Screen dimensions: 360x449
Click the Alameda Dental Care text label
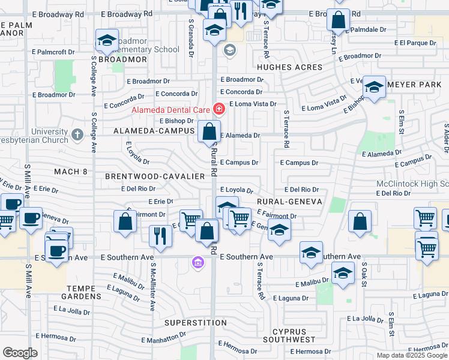coord(171,110)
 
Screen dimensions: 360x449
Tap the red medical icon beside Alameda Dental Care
coord(218,109)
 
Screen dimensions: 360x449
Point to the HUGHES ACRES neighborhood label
coord(286,68)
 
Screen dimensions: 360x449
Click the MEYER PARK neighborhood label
coord(414,85)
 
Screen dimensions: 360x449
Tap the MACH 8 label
coord(71,172)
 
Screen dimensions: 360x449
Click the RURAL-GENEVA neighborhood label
coord(289,202)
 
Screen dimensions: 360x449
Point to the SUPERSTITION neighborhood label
coord(195,323)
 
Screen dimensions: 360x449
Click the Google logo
coord(20,352)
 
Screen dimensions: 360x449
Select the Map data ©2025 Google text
coord(411,355)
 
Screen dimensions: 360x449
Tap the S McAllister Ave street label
coord(153,287)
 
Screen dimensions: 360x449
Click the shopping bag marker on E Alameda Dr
coord(209,132)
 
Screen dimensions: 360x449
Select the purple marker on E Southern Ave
coord(197,262)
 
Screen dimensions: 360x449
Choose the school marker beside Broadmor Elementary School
coord(106,41)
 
